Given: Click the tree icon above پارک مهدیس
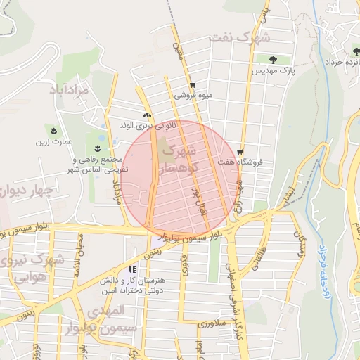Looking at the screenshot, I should [266, 58].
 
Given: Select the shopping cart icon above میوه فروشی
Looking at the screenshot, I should [193, 84].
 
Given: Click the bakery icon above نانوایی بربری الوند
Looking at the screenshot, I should [146, 115].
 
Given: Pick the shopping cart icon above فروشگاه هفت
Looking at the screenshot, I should [240, 151].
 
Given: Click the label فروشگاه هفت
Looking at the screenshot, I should [240, 162].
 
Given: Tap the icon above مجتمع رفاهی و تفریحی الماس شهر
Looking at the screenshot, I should [96, 148].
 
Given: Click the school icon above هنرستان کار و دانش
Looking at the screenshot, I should [131, 269].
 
